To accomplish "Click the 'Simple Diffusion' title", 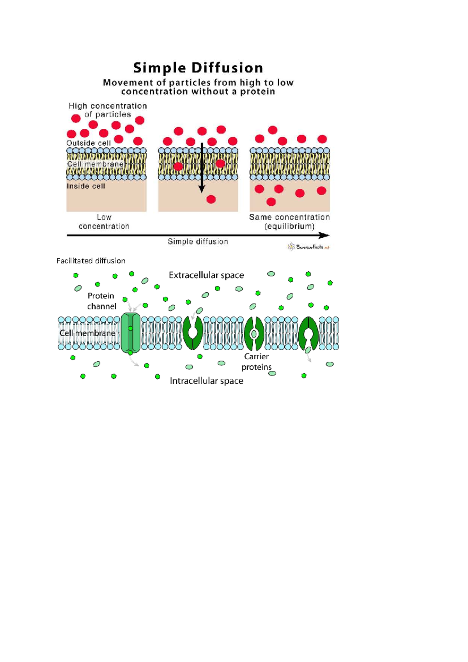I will tap(198, 68).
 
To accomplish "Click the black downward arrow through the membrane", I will tap(202, 168).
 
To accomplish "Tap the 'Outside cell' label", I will tap(89, 143).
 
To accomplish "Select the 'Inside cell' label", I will tap(86, 186).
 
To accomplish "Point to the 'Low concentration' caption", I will tap(104, 222).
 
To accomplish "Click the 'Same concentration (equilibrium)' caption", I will tap(289, 222).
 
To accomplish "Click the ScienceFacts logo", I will tap(309, 247).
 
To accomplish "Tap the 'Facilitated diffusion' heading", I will tap(91, 261).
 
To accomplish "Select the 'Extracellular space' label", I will tap(206, 275).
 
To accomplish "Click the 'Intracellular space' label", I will tap(206, 381).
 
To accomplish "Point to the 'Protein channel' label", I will tap(101, 301).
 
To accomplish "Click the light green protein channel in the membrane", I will tap(130, 333).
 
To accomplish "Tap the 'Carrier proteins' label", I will tap(256, 362).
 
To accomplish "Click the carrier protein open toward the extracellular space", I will tap(193, 333).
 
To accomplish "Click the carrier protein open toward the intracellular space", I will tap(308, 333).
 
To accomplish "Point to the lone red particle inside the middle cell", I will tap(211, 199).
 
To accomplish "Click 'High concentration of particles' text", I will tap(108, 110).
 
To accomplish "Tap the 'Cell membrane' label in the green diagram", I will tap(87, 333).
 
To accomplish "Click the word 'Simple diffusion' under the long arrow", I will tap(198, 242).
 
